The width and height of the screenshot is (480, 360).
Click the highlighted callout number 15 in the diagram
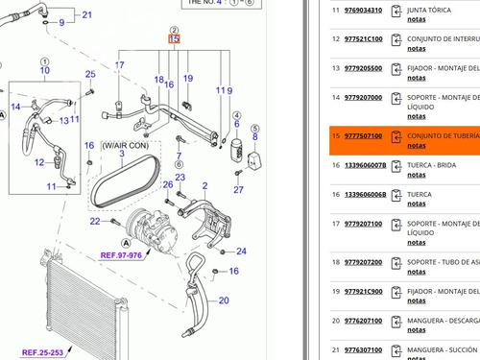(x=173, y=40)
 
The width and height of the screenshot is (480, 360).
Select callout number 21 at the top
(x=87, y=15)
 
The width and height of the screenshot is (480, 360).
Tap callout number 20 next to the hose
(x=224, y=300)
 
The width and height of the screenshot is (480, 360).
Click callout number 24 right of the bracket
(x=241, y=252)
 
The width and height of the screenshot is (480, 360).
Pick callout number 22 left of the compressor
(x=95, y=222)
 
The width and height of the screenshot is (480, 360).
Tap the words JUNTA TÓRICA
(x=435, y=11)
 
